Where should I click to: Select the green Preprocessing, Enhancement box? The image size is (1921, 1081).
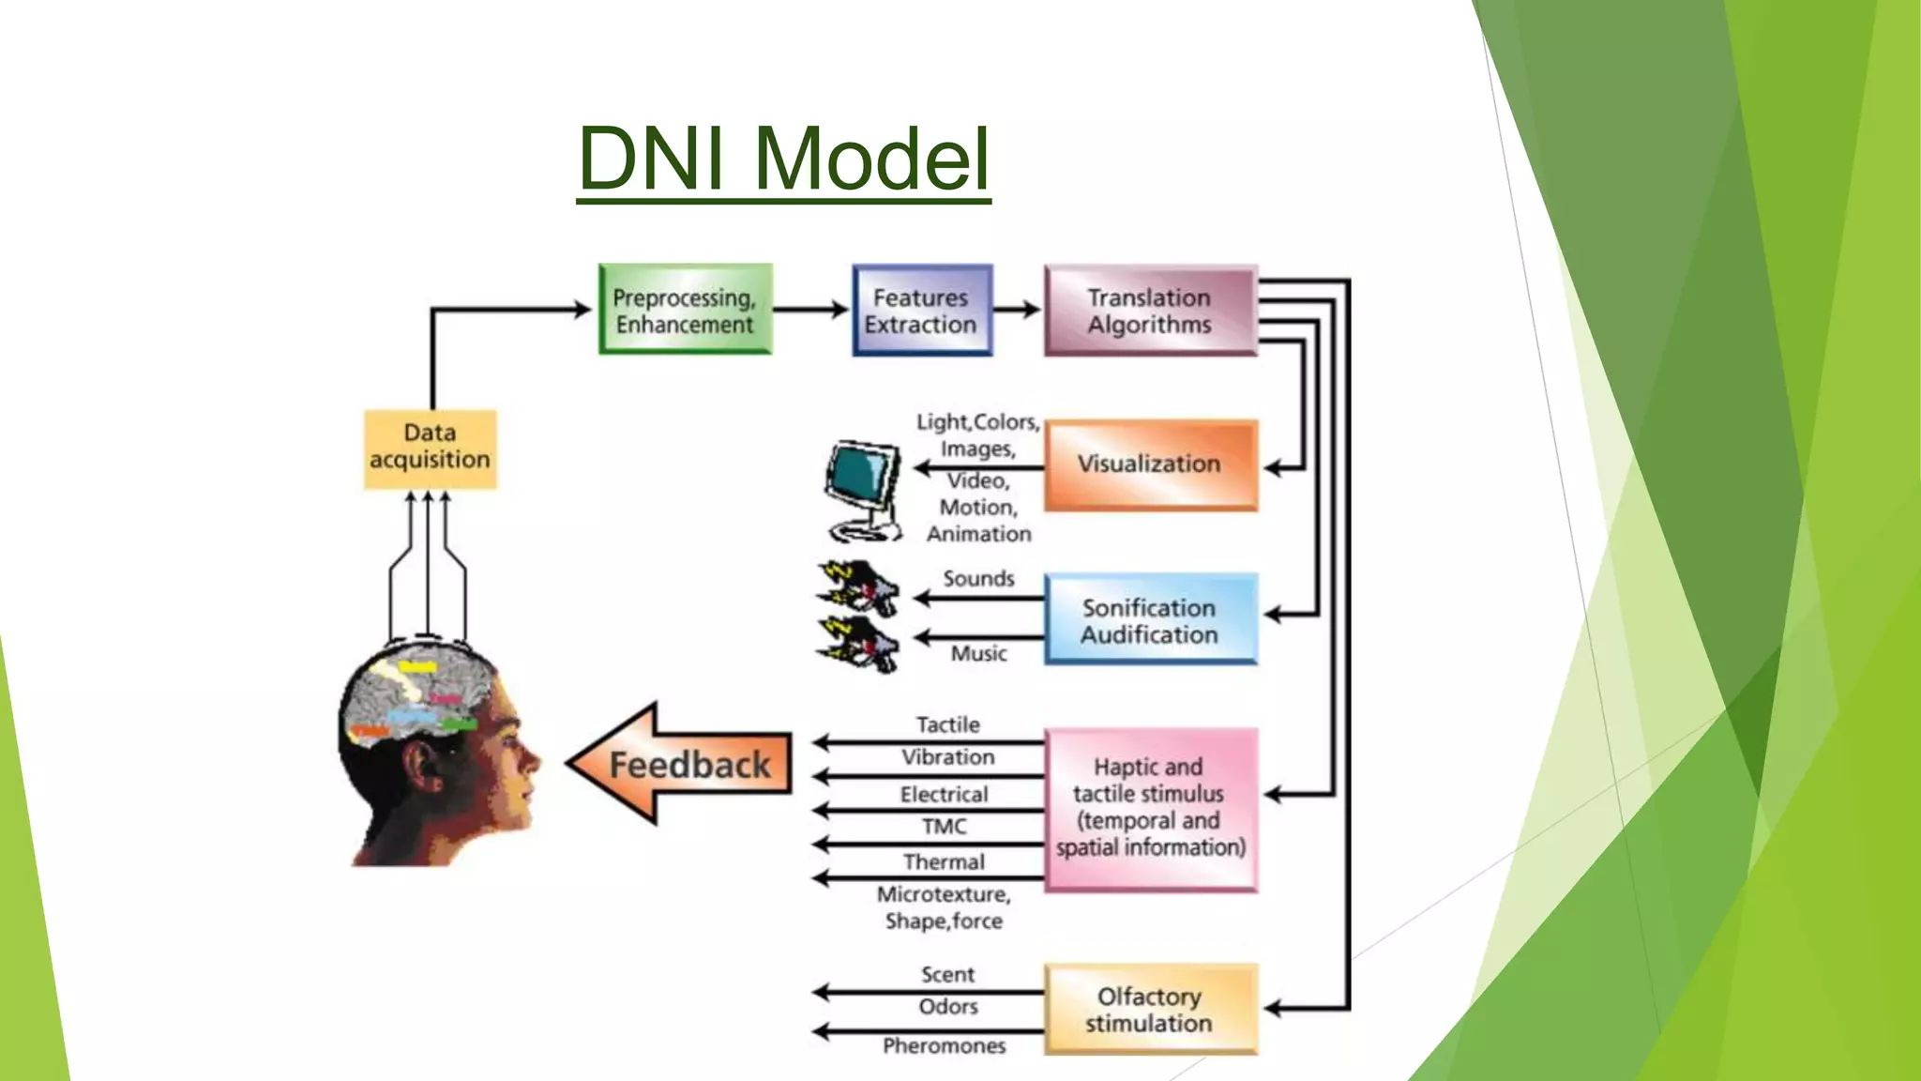685,310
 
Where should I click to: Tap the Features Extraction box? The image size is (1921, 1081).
921,311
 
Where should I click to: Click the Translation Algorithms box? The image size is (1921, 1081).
1150,311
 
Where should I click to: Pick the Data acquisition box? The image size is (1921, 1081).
430,448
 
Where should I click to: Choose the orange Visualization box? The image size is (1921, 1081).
1150,464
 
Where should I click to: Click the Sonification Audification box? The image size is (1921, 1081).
1150,620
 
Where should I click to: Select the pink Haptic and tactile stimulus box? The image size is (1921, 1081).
1150,808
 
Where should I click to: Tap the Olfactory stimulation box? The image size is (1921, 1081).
1150,1010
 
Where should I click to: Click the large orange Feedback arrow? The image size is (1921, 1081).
682,765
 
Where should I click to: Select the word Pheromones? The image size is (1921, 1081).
944,1045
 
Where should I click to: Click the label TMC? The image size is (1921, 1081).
944,827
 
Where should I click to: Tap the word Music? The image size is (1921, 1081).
978,653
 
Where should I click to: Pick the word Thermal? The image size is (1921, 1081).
944,861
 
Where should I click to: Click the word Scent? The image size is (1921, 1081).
947,975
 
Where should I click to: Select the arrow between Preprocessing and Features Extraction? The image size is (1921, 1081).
811,309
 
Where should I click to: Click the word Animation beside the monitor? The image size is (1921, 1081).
978,534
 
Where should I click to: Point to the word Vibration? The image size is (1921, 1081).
947,757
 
